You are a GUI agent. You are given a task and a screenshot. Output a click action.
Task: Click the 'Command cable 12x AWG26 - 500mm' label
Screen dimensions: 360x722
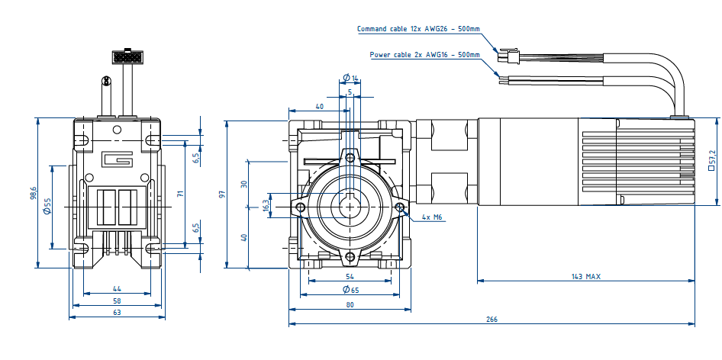[418, 29]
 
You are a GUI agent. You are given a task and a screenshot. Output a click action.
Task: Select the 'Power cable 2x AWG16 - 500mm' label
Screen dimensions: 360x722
[424, 55]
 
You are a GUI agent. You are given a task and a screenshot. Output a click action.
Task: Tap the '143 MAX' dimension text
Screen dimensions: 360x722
[585, 276]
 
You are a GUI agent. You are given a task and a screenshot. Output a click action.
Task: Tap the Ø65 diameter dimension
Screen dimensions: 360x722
[350, 290]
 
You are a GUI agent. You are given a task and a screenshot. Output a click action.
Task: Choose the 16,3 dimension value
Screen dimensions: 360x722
[266, 206]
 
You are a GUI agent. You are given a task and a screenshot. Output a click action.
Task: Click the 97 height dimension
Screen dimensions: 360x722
[222, 194]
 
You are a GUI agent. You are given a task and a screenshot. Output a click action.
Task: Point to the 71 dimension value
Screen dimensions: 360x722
[181, 194]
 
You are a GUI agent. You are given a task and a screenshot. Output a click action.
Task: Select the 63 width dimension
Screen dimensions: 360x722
[117, 313]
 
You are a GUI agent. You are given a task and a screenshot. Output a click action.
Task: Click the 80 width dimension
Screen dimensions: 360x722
[350, 305]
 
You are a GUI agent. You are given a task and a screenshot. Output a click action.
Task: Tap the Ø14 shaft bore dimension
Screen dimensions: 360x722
[351, 78]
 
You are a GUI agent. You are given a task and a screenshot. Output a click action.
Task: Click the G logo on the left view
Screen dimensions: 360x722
[118, 160]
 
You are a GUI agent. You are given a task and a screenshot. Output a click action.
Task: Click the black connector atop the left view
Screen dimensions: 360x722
[127, 56]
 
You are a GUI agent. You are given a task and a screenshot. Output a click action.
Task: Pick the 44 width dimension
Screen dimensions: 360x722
[117, 288]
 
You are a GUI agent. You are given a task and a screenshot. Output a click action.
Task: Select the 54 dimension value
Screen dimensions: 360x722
[350, 276]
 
